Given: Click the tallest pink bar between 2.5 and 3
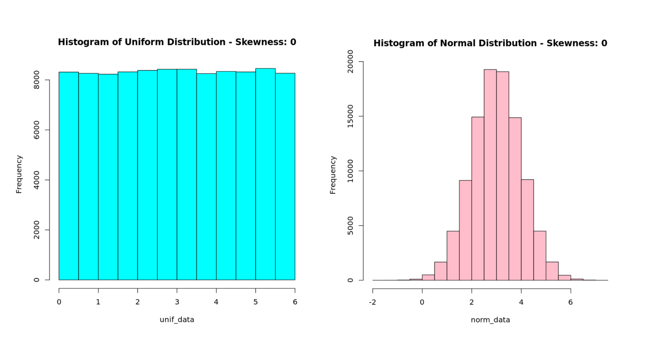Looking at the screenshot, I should (490, 175).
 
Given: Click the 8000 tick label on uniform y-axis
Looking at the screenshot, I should (37, 80).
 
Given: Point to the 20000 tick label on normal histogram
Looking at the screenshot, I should (351, 61).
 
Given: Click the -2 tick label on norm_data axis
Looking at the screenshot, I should (372, 302).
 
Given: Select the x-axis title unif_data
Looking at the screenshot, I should (177, 320).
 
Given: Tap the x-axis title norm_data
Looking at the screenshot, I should (490, 320).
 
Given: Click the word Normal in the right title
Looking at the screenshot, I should (457, 43).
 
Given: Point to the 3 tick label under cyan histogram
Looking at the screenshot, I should (177, 302).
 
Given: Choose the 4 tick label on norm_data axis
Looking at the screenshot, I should (521, 302).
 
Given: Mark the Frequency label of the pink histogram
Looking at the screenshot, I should (333, 175).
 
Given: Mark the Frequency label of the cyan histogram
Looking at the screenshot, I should (19, 174).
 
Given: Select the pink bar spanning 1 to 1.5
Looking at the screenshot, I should (453, 255).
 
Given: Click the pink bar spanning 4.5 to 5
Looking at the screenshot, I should (540, 255).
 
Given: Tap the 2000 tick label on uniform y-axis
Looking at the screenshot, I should (37, 230).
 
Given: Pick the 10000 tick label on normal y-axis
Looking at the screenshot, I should (351, 171).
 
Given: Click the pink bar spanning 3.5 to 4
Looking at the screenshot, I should (515, 199).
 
